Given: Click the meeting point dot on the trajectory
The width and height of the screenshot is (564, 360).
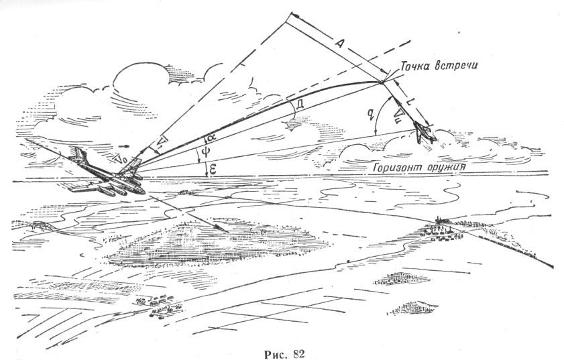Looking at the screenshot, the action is coord(382,82).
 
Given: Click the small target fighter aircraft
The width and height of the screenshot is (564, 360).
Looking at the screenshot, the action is coord(425,132).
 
